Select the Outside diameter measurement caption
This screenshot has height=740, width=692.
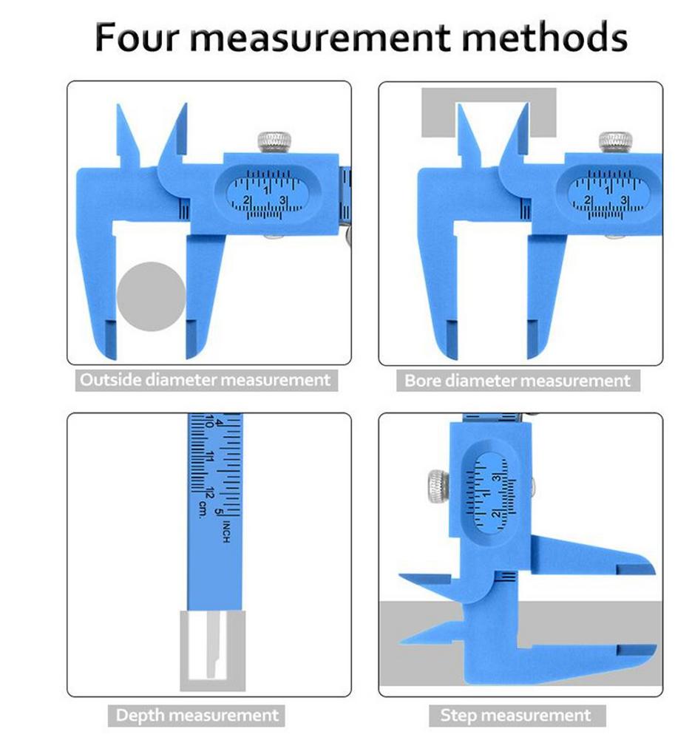(x=205, y=381)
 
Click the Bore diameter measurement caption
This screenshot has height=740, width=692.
(x=517, y=381)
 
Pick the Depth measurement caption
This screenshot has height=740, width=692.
(x=197, y=715)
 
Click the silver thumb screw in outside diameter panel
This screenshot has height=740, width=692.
(x=274, y=141)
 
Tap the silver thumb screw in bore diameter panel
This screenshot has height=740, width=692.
(x=615, y=141)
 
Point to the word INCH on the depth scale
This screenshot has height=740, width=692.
(x=226, y=530)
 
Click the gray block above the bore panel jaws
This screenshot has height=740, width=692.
(x=489, y=112)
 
